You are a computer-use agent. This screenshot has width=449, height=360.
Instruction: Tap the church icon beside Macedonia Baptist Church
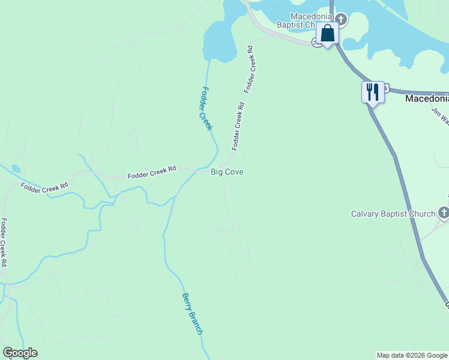click(341, 19)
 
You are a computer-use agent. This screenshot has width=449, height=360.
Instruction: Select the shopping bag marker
click(327, 34)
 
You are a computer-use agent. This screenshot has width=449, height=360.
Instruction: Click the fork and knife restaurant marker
click(373, 92)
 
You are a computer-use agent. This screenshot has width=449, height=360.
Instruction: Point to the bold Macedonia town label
click(426, 98)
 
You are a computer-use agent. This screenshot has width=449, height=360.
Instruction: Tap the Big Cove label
click(227, 172)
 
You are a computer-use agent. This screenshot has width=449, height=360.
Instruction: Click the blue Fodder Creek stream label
click(206, 109)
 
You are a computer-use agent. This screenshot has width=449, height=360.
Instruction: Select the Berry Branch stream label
click(193, 314)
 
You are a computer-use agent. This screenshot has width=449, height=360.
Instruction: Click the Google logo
click(20, 353)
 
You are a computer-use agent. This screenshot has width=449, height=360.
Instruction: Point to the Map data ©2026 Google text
click(412, 355)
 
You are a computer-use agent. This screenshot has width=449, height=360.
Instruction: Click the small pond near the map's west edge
click(15, 169)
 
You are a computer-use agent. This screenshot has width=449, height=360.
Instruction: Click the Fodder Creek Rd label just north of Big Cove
click(238, 126)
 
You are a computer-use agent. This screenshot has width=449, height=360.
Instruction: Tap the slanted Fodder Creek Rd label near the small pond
click(44, 187)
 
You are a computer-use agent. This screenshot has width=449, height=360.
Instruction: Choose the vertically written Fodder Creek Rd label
click(4, 242)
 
